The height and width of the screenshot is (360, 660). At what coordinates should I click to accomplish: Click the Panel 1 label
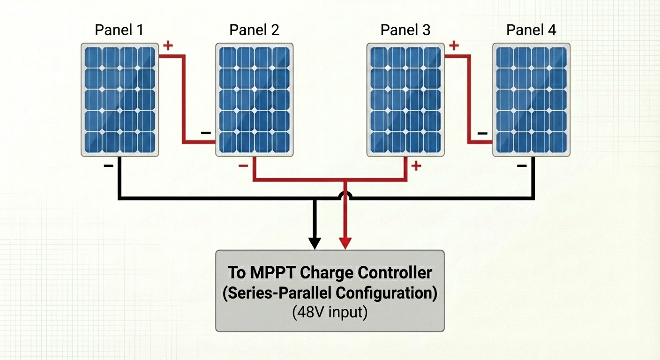[x=119, y=30]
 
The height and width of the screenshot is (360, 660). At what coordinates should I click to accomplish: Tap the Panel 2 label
[x=254, y=30]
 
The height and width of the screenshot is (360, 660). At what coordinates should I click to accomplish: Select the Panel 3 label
[x=405, y=30]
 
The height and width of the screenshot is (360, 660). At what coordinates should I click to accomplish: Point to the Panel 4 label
[x=531, y=30]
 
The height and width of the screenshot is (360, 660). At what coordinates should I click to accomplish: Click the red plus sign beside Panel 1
[x=167, y=46]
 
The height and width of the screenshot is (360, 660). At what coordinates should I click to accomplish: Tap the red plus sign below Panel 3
[x=416, y=166]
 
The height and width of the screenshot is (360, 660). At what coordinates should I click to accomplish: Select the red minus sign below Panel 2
[x=243, y=166]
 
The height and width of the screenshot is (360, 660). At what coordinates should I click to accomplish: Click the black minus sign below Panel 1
[x=108, y=166]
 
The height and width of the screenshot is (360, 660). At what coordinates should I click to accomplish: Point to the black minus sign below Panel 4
[x=521, y=166]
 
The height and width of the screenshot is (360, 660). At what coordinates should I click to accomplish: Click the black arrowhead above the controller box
[x=315, y=243]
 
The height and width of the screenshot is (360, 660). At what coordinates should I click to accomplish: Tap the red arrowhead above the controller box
[x=345, y=243]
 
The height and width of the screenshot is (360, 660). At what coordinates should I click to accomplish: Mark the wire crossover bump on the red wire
[x=345, y=195]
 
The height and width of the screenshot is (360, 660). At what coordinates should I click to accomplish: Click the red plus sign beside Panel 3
[x=453, y=46]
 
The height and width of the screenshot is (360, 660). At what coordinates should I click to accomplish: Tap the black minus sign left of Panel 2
[x=205, y=133]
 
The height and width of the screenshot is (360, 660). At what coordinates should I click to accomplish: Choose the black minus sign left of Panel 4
[x=482, y=134]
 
